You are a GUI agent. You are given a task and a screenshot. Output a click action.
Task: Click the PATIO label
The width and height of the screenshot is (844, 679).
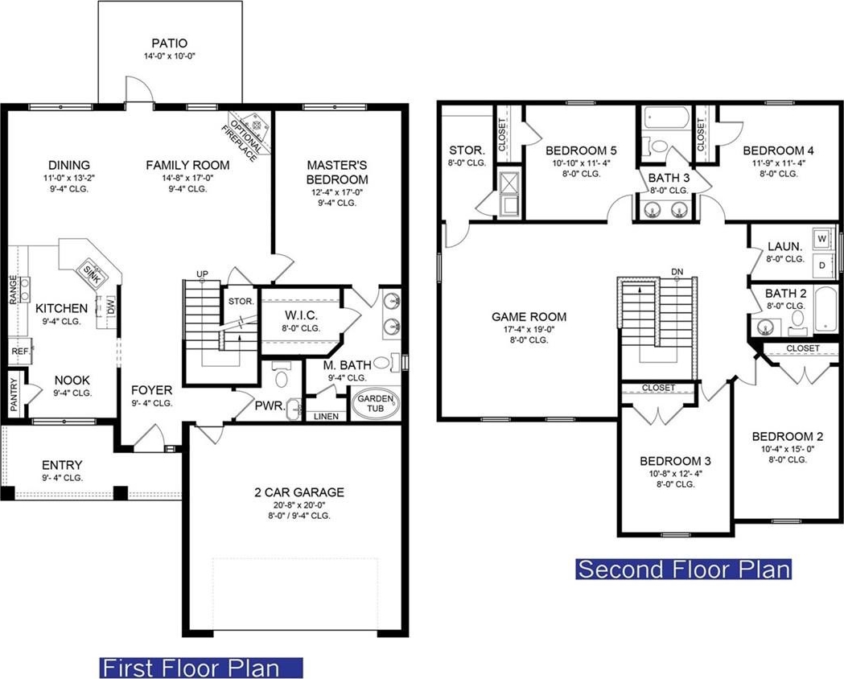click(170, 43)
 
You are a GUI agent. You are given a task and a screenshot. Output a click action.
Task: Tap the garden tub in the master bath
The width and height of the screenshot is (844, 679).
click(376, 403)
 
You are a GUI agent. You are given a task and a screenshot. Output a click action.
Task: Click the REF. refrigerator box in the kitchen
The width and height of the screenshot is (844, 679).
click(20, 352)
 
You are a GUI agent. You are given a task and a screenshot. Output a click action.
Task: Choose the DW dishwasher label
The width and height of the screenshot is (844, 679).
click(111, 306)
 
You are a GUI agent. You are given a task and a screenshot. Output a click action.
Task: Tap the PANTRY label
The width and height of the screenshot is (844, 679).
click(14, 392)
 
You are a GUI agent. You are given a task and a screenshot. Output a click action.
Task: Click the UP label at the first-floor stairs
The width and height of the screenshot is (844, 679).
click(202, 274)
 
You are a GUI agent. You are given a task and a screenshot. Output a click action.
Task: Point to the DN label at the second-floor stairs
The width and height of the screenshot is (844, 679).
click(677, 272)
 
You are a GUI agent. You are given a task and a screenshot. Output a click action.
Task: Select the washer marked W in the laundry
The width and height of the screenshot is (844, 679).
click(822, 238)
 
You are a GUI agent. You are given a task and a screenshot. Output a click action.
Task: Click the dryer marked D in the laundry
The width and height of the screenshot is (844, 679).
click(822, 265)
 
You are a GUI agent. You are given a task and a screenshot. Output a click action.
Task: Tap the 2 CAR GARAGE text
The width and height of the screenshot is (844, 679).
click(299, 492)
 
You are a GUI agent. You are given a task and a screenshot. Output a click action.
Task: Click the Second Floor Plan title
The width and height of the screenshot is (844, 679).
click(684, 570)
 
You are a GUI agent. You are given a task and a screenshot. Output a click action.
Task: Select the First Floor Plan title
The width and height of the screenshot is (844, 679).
click(201, 668)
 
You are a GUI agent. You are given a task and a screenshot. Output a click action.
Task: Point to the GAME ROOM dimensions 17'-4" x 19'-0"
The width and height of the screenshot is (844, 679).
click(529, 329)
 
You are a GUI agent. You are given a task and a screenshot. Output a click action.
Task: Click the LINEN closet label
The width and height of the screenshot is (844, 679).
click(326, 417)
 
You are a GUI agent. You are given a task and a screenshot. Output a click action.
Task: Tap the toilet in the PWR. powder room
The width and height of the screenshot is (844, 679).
click(281, 375)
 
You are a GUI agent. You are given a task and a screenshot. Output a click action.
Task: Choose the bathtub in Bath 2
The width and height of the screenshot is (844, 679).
click(825, 310)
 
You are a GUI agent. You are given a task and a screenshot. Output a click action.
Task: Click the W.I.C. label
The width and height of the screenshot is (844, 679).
click(301, 315)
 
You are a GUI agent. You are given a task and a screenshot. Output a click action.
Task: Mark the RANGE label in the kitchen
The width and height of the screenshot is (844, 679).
click(14, 290)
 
